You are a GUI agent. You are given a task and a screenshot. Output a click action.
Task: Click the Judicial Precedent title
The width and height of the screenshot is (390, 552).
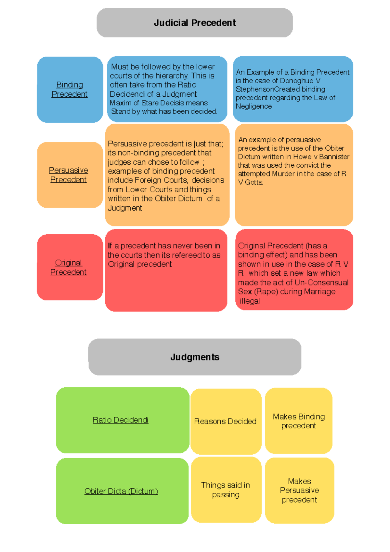pos(195,23)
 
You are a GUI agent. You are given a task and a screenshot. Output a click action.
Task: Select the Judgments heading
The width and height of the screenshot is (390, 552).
pos(195,357)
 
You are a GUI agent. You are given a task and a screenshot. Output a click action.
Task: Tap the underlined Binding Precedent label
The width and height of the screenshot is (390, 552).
pos(70,89)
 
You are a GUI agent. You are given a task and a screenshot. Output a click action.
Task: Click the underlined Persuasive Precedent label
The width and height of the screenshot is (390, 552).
pos(68,175)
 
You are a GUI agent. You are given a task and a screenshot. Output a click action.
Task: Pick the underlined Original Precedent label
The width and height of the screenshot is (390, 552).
pos(68,267)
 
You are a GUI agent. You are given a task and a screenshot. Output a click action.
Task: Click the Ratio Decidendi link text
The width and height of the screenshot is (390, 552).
pos(121,420)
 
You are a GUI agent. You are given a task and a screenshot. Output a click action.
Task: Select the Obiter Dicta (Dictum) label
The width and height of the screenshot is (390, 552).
pos(121,491)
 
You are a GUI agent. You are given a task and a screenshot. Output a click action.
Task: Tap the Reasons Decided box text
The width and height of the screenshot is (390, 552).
pos(225,421)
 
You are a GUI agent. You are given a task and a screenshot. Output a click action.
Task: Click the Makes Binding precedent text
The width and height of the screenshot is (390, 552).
pos(299,421)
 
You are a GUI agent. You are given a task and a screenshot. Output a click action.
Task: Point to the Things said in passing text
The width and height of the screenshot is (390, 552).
pos(226,490)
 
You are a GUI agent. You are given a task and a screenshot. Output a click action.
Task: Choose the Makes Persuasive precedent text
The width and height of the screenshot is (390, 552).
pos(299,490)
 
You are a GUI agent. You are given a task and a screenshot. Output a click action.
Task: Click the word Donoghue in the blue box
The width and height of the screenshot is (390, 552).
pos(297,81)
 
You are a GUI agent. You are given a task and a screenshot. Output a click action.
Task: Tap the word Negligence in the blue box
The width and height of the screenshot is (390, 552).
pos(254,106)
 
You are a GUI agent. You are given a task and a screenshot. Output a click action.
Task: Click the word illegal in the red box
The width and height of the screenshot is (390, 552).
pos(250,301)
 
